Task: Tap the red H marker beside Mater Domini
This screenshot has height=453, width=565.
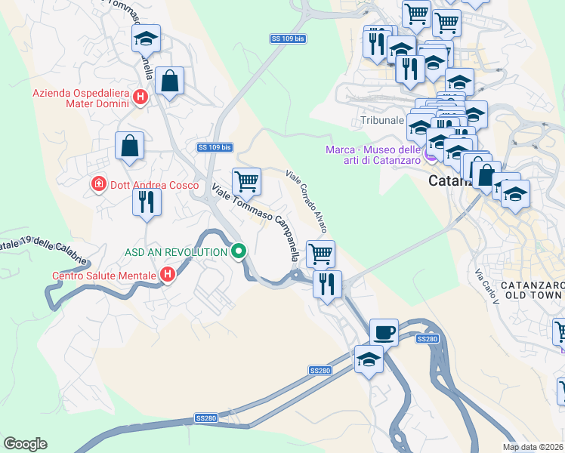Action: [x=140, y=97]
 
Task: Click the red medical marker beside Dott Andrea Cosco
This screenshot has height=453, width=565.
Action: [x=97, y=184]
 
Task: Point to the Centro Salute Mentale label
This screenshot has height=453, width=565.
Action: [x=104, y=276]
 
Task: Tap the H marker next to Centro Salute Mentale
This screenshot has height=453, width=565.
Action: [x=168, y=276]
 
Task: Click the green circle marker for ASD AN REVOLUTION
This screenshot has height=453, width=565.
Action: [x=239, y=251]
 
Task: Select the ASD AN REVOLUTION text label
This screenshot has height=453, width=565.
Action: [x=178, y=251]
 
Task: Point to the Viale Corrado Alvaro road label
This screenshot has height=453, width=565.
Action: [x=307, y=201]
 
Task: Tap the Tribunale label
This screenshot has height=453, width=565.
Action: [x=381, y=121]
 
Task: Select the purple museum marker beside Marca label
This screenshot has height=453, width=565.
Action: [x=431, y=156]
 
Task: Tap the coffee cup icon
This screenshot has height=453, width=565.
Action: [x=384, y=331]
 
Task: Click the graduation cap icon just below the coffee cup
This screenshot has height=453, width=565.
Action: [x=369, y=359]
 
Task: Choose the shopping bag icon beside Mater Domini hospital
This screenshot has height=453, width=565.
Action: [x=170, y=80]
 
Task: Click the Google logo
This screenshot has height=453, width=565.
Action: [x=25, y=444]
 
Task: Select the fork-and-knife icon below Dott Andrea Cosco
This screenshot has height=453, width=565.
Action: [x=147, y=202]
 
